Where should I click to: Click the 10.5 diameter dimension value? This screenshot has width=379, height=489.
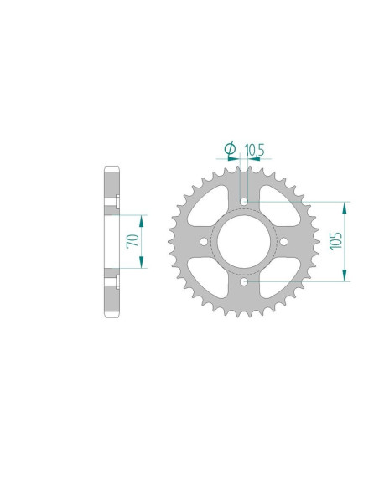pos(255,150)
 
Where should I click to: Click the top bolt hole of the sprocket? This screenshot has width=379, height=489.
pos(244,202)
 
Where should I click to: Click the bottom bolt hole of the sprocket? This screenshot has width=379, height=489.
pos(244,282)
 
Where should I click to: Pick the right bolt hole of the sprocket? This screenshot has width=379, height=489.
pos(284,242)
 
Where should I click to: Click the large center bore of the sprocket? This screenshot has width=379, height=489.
pos(244,242)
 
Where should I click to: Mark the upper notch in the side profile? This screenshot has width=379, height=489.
pos(118,200)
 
